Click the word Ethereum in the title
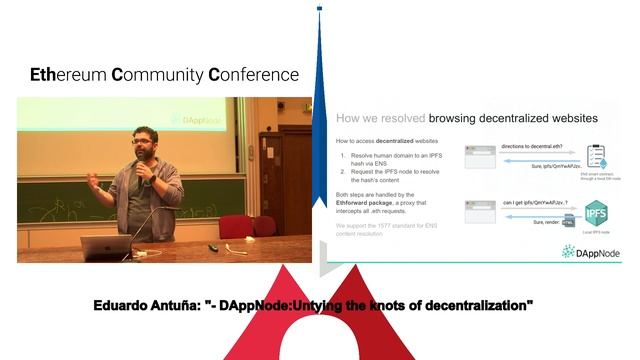point(68,75)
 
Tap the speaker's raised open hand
point(93,180)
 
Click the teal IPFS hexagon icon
point(596,213)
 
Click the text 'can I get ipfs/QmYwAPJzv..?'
point(536,203)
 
